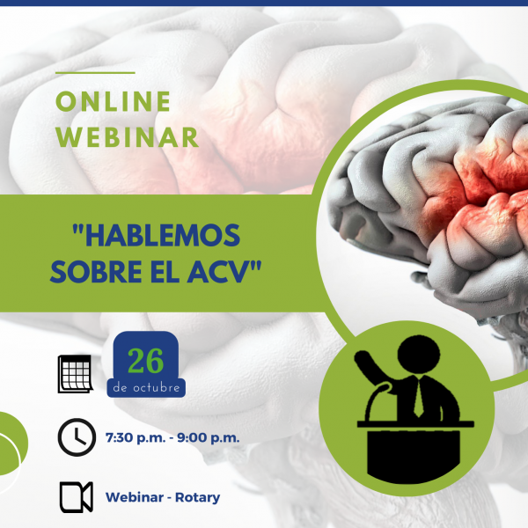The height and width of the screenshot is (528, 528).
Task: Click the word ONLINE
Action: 114,101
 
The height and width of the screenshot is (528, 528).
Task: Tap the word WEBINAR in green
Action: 128,137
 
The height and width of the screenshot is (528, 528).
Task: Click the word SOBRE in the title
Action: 96,272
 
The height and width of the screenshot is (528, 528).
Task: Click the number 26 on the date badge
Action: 146,361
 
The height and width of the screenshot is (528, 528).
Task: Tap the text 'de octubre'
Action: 146,387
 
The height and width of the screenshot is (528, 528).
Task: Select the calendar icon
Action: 76,374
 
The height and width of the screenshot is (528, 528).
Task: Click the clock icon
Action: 77,437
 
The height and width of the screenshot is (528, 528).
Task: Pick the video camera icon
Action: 77,497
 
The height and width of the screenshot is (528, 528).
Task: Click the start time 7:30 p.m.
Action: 136,437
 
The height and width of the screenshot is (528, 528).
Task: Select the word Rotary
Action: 198,498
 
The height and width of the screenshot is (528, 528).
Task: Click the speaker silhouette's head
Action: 419,354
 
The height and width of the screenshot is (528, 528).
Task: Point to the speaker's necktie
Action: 419,398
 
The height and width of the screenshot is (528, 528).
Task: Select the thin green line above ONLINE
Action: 95,72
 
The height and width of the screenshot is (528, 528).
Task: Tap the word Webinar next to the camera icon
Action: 135,497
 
